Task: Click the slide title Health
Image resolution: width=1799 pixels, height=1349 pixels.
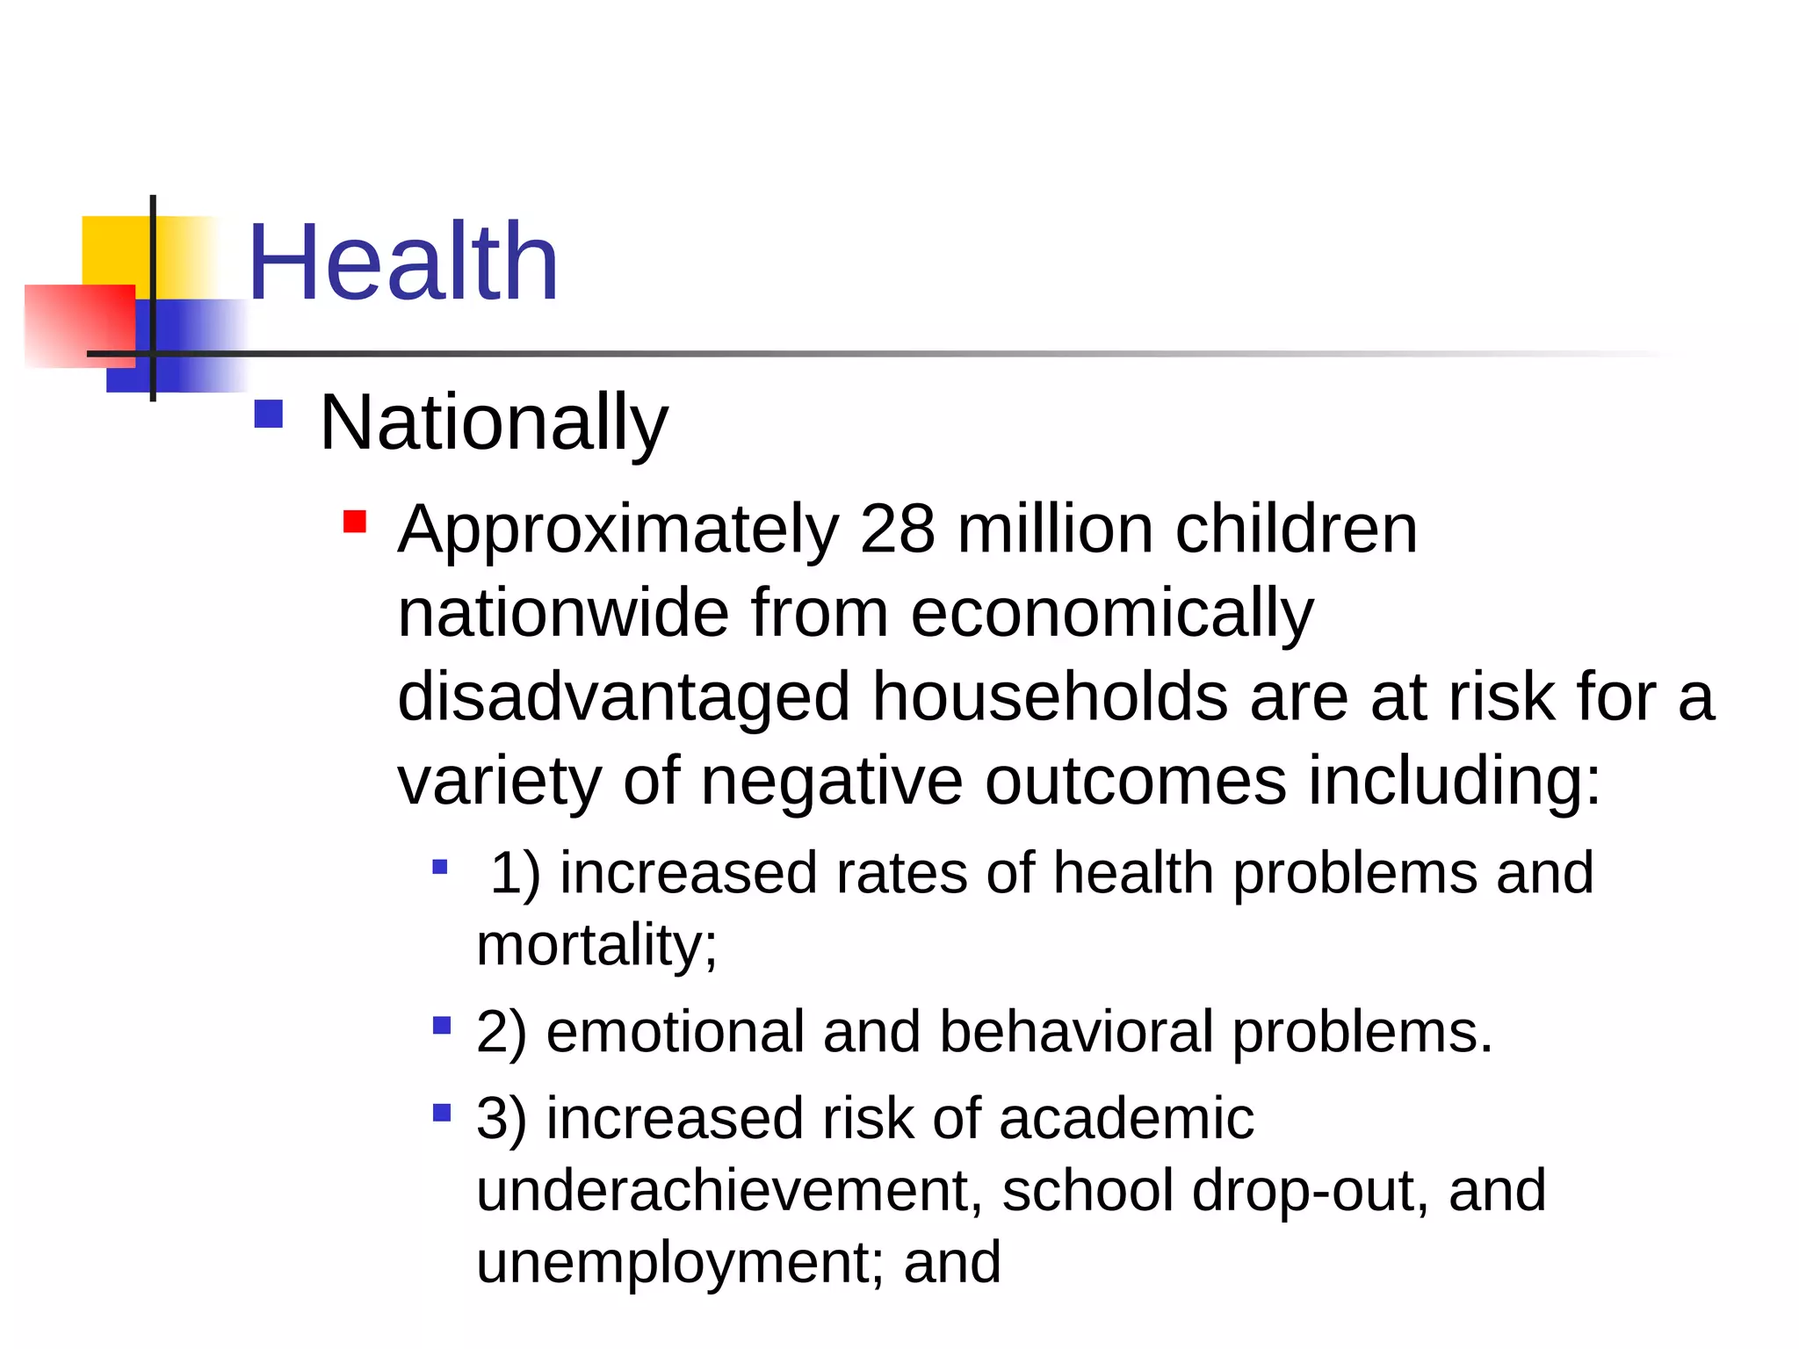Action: click(403, 262)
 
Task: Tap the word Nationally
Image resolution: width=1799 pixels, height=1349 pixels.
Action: click(494, 423)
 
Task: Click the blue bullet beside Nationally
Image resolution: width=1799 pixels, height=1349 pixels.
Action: click(269, 415)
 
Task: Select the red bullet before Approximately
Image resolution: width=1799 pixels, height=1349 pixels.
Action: click(355, 523)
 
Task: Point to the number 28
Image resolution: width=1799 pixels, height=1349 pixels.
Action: click(898, 530)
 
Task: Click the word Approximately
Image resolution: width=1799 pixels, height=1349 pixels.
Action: click(618, 531)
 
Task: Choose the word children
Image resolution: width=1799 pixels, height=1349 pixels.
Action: click(1296, 530)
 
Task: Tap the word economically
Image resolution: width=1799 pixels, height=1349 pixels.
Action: click(1112, 614)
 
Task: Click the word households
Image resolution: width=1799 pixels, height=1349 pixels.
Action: click(1050, 696)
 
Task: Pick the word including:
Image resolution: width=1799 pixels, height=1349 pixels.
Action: click(1455, 781)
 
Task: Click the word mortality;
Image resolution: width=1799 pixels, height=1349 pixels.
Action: click(596, 946)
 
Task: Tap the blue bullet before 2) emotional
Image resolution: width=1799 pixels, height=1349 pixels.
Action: click(442, 1025)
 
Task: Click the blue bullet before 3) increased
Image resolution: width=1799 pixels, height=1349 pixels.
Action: click(442, 1114)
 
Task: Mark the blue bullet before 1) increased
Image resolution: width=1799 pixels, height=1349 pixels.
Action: click(440, 868)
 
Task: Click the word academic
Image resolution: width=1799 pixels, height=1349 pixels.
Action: click(1126, 1119)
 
